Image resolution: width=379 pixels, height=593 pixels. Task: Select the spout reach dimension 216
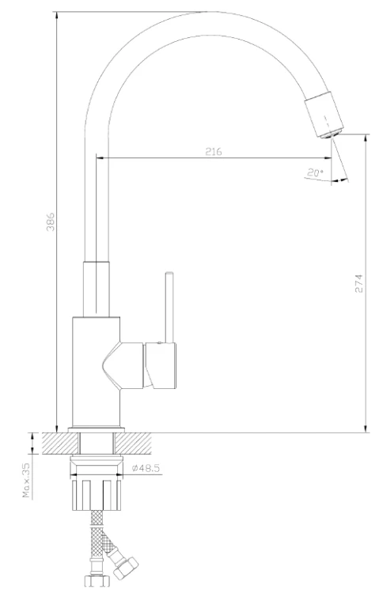213,151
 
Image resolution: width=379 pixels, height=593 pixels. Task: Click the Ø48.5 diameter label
146,469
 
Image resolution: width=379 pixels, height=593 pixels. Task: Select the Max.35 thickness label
26,482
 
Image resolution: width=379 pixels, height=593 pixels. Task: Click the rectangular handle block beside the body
161,365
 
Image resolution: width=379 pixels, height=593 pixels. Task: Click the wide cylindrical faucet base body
95,372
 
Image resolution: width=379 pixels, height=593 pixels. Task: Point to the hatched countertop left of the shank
55,443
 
